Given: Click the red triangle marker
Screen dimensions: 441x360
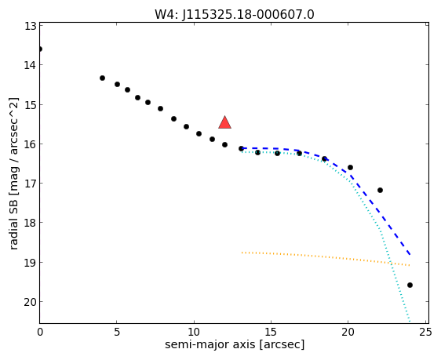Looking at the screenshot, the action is (224, 122).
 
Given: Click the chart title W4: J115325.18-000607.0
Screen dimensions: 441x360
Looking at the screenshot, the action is (235, 15).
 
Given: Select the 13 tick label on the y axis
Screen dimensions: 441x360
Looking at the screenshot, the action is (31, 26).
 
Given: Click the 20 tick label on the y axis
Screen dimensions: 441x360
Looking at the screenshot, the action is (30, 302).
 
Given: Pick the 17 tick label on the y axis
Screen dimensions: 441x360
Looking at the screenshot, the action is (31, 184).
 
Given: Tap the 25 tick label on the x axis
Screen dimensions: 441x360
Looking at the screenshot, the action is (425, 333).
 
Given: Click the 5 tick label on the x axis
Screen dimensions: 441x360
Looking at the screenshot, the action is (117, 333).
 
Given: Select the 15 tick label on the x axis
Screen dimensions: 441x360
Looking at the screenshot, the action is (271, 333).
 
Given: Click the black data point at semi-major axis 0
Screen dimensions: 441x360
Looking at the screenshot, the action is (40, 49).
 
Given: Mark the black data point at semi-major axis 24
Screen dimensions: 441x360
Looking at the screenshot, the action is (410, 285).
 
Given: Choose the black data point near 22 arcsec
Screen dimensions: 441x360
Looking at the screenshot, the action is (380, 191).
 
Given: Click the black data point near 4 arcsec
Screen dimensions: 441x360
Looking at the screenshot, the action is (102, 78).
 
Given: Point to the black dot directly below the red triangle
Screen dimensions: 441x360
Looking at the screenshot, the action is (224, 145).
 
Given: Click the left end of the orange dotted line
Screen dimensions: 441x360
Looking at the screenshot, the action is (242, 253).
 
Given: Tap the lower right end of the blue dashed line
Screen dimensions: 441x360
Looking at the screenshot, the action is (410, 255).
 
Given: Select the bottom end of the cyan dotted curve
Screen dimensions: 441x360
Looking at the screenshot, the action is (410, 322).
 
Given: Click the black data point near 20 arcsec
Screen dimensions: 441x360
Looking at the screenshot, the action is (350, 168).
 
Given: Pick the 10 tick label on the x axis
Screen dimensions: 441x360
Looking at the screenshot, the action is (194, 333).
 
